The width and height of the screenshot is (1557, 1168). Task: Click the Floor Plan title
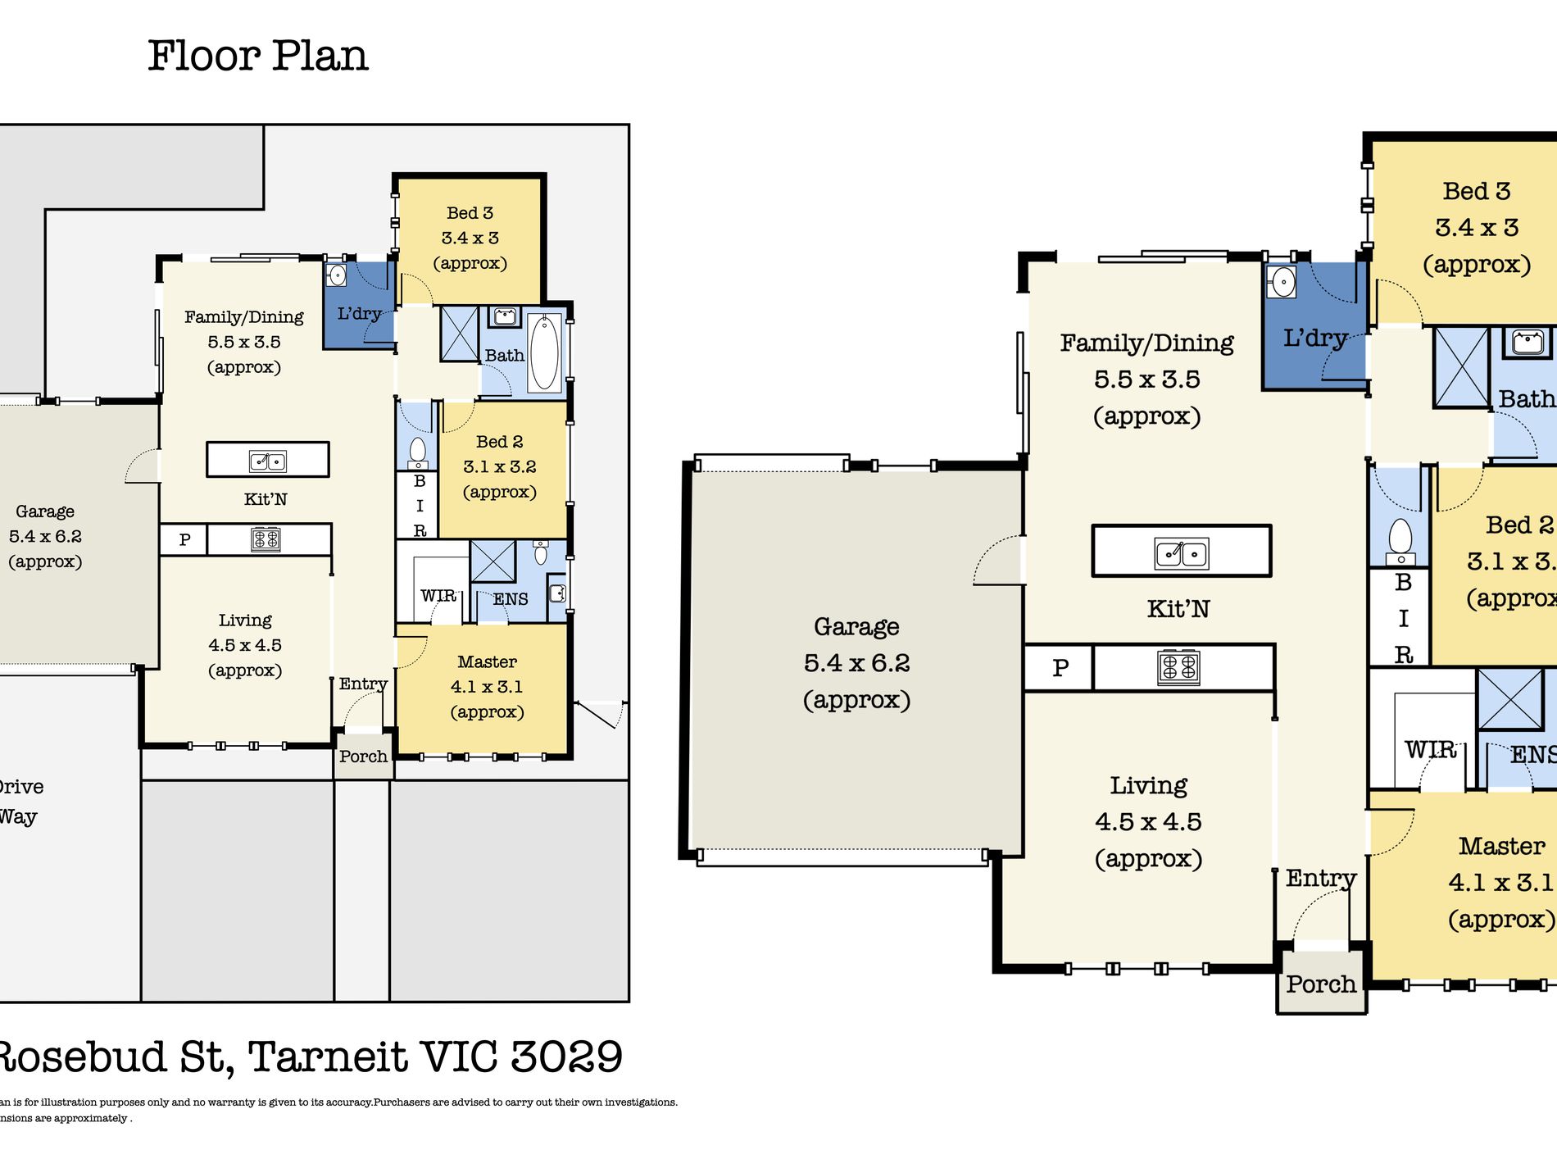(x=257, y=56)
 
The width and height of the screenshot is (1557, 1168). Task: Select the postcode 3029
(x=566, y=1057)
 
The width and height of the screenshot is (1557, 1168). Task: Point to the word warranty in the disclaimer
(x=229, y=1102)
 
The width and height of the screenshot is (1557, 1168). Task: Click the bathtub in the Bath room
(x=544, y=352)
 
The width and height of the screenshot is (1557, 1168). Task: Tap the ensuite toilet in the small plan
(x=541, y=553)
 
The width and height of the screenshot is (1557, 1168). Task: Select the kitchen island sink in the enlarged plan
(x=1181, y=553)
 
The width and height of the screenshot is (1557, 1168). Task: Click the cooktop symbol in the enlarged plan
(x=1178, y=667)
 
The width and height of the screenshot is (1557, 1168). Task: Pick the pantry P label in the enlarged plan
(x=1060, y=668)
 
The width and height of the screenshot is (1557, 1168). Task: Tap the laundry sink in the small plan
(x=336, y=274)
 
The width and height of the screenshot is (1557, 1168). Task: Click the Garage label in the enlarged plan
(x=856, y=627)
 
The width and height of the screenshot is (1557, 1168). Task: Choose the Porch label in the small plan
(x=363, y=757)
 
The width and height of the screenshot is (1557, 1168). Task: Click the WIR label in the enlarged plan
(x=1430, y=750)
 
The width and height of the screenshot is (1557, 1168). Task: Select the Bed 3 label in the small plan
(x=470, y=213)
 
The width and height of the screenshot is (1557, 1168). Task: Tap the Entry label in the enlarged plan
(x=1321, y=879)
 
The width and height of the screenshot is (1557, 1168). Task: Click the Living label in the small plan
(x=245, y=620)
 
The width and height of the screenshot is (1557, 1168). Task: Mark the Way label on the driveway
(x=18, y=817)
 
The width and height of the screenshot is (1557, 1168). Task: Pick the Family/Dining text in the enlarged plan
(x=1146, y=343)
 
